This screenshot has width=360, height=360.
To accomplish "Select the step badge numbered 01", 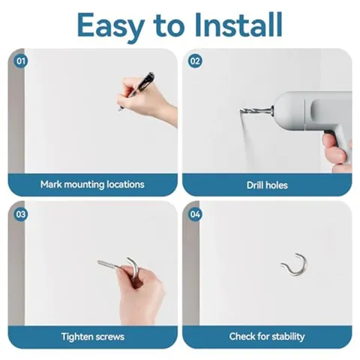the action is (21, 61).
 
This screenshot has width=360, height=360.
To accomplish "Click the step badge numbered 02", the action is (195, 61).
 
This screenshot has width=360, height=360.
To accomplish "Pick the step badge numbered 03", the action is (21, 214).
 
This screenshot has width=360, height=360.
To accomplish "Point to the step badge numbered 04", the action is (195, 214).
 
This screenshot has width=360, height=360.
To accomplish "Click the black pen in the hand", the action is (137, 90).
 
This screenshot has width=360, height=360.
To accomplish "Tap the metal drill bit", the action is (256, 111).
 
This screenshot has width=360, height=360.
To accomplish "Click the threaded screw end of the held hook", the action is (107, 264).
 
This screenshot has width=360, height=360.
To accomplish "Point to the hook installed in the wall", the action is (295, 265).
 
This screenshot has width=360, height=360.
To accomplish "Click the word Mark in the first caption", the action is (51, 184).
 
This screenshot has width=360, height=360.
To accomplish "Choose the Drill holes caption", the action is (267, 185).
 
